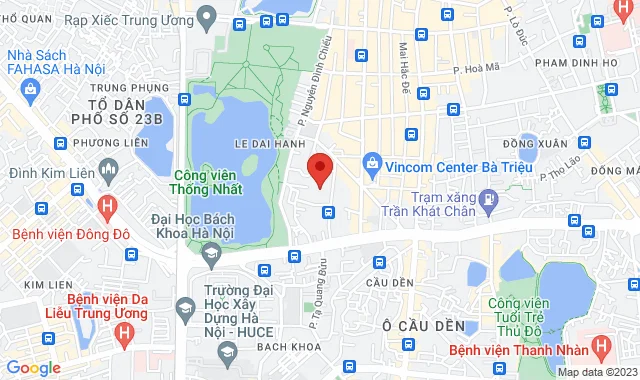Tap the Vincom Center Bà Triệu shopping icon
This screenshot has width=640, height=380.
click(372, 162)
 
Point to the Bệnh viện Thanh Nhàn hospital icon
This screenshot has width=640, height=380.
click(600, 347)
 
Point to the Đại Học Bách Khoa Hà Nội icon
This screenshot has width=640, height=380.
click(211, 258)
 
